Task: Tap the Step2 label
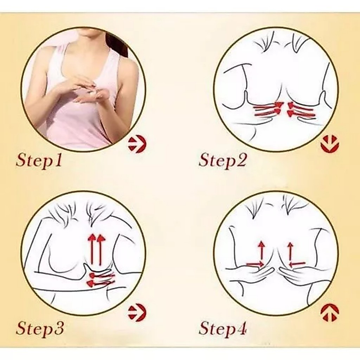pos(223,160)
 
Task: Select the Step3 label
pos(39,329)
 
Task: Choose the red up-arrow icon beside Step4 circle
pos(330,313)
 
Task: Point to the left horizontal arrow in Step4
pos(255,264)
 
